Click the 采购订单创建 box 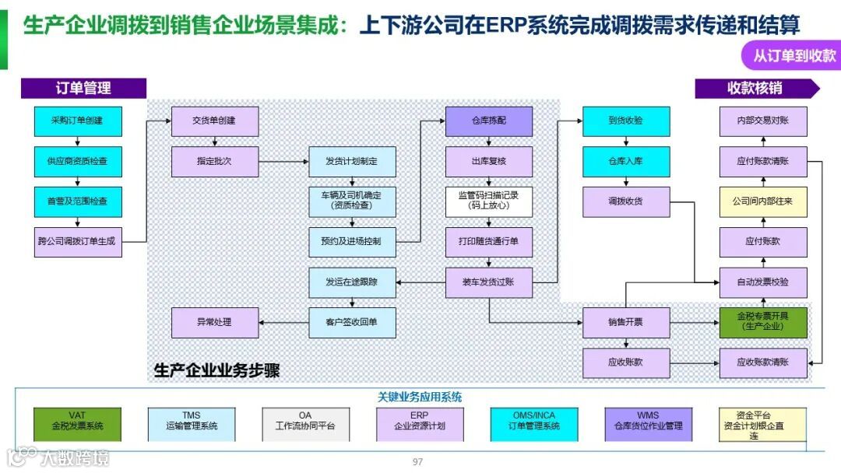click(x=78, y=121)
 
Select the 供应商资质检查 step click(x=78, y=162)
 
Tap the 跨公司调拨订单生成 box click(x=78, y=242)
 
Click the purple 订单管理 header click(x=83, y=89)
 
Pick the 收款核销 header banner click(x=755, y=89)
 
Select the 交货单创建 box click(x=215, y=121)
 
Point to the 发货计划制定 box click(x=352, y=162)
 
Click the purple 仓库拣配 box click(x=489, y=121)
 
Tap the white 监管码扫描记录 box click(x=489, y=201)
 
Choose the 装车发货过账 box click(x=489, y=282)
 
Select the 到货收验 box click(x=626, y=121)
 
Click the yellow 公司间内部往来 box click(x=763, y=201)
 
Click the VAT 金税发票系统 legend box click(x=78, y=425)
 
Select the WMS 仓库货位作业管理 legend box click(x=649, y=425)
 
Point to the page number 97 click(x=418, y=462)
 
